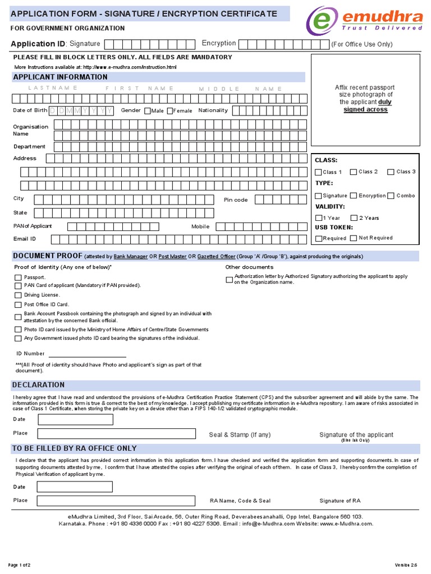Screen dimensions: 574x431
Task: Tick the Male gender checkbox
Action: point(148,111)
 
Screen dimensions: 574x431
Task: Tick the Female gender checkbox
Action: point(170,111)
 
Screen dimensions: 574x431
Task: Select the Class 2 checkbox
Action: point(354,172)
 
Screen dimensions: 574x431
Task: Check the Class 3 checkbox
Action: point(391,172)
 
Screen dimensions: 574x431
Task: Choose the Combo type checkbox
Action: point(391,196)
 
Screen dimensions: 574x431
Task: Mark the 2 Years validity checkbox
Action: point(354,218)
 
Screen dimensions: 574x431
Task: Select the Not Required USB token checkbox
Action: point(354,238)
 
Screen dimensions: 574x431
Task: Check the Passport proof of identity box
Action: point(18,277)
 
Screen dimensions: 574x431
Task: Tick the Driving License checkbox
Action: point(18,295)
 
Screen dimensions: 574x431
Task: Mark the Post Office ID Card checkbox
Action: point(18,305)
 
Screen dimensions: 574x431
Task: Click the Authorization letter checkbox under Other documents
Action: point(229,280)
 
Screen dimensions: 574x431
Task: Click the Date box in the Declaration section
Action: point(75,419)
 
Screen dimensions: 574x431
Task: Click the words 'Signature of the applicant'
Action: point(356,434)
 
